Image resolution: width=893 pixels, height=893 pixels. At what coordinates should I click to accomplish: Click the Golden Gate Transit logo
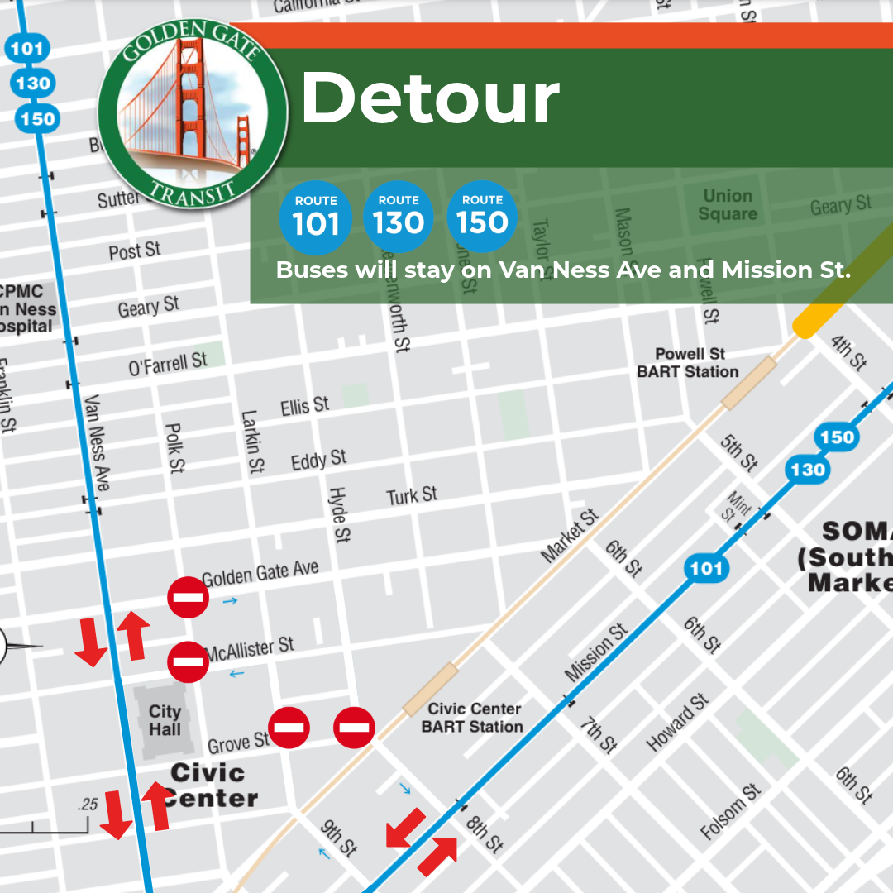coord(193,114)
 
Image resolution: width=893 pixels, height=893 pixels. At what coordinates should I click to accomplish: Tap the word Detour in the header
coord(430,98)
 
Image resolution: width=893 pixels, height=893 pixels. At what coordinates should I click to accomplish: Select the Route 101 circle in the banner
coord(316,217)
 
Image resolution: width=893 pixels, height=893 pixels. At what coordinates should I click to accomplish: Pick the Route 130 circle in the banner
coord(399,217)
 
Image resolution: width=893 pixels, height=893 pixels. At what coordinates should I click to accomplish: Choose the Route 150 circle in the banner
coord(482,217)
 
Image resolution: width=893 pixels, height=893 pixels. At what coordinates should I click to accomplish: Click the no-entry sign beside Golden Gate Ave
coord(188,597)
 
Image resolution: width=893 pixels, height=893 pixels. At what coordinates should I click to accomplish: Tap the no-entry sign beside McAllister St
coord(188,662)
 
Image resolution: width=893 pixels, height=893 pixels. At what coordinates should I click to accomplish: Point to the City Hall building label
coord(165,720)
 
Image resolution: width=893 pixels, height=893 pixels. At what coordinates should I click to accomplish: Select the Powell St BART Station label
coord(688,363)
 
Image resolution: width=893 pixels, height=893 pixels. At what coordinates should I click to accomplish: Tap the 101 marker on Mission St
coord(705,568)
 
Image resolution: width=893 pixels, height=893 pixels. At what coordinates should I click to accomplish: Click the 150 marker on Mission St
coord(836,437)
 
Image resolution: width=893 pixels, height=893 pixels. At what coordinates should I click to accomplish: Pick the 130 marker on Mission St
coord(807,470)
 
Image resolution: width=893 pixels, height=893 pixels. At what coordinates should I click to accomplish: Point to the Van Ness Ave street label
coord(97,442)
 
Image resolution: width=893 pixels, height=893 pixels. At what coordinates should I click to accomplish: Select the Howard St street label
coord(678,722)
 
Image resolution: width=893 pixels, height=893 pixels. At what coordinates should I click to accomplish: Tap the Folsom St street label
coord(730,812)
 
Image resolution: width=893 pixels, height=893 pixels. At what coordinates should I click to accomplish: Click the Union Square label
coord(728,205)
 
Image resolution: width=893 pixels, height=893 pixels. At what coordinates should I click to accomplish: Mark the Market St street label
coord(570,537)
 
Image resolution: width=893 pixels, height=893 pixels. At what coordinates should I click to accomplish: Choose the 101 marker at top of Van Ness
coord(26,48)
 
